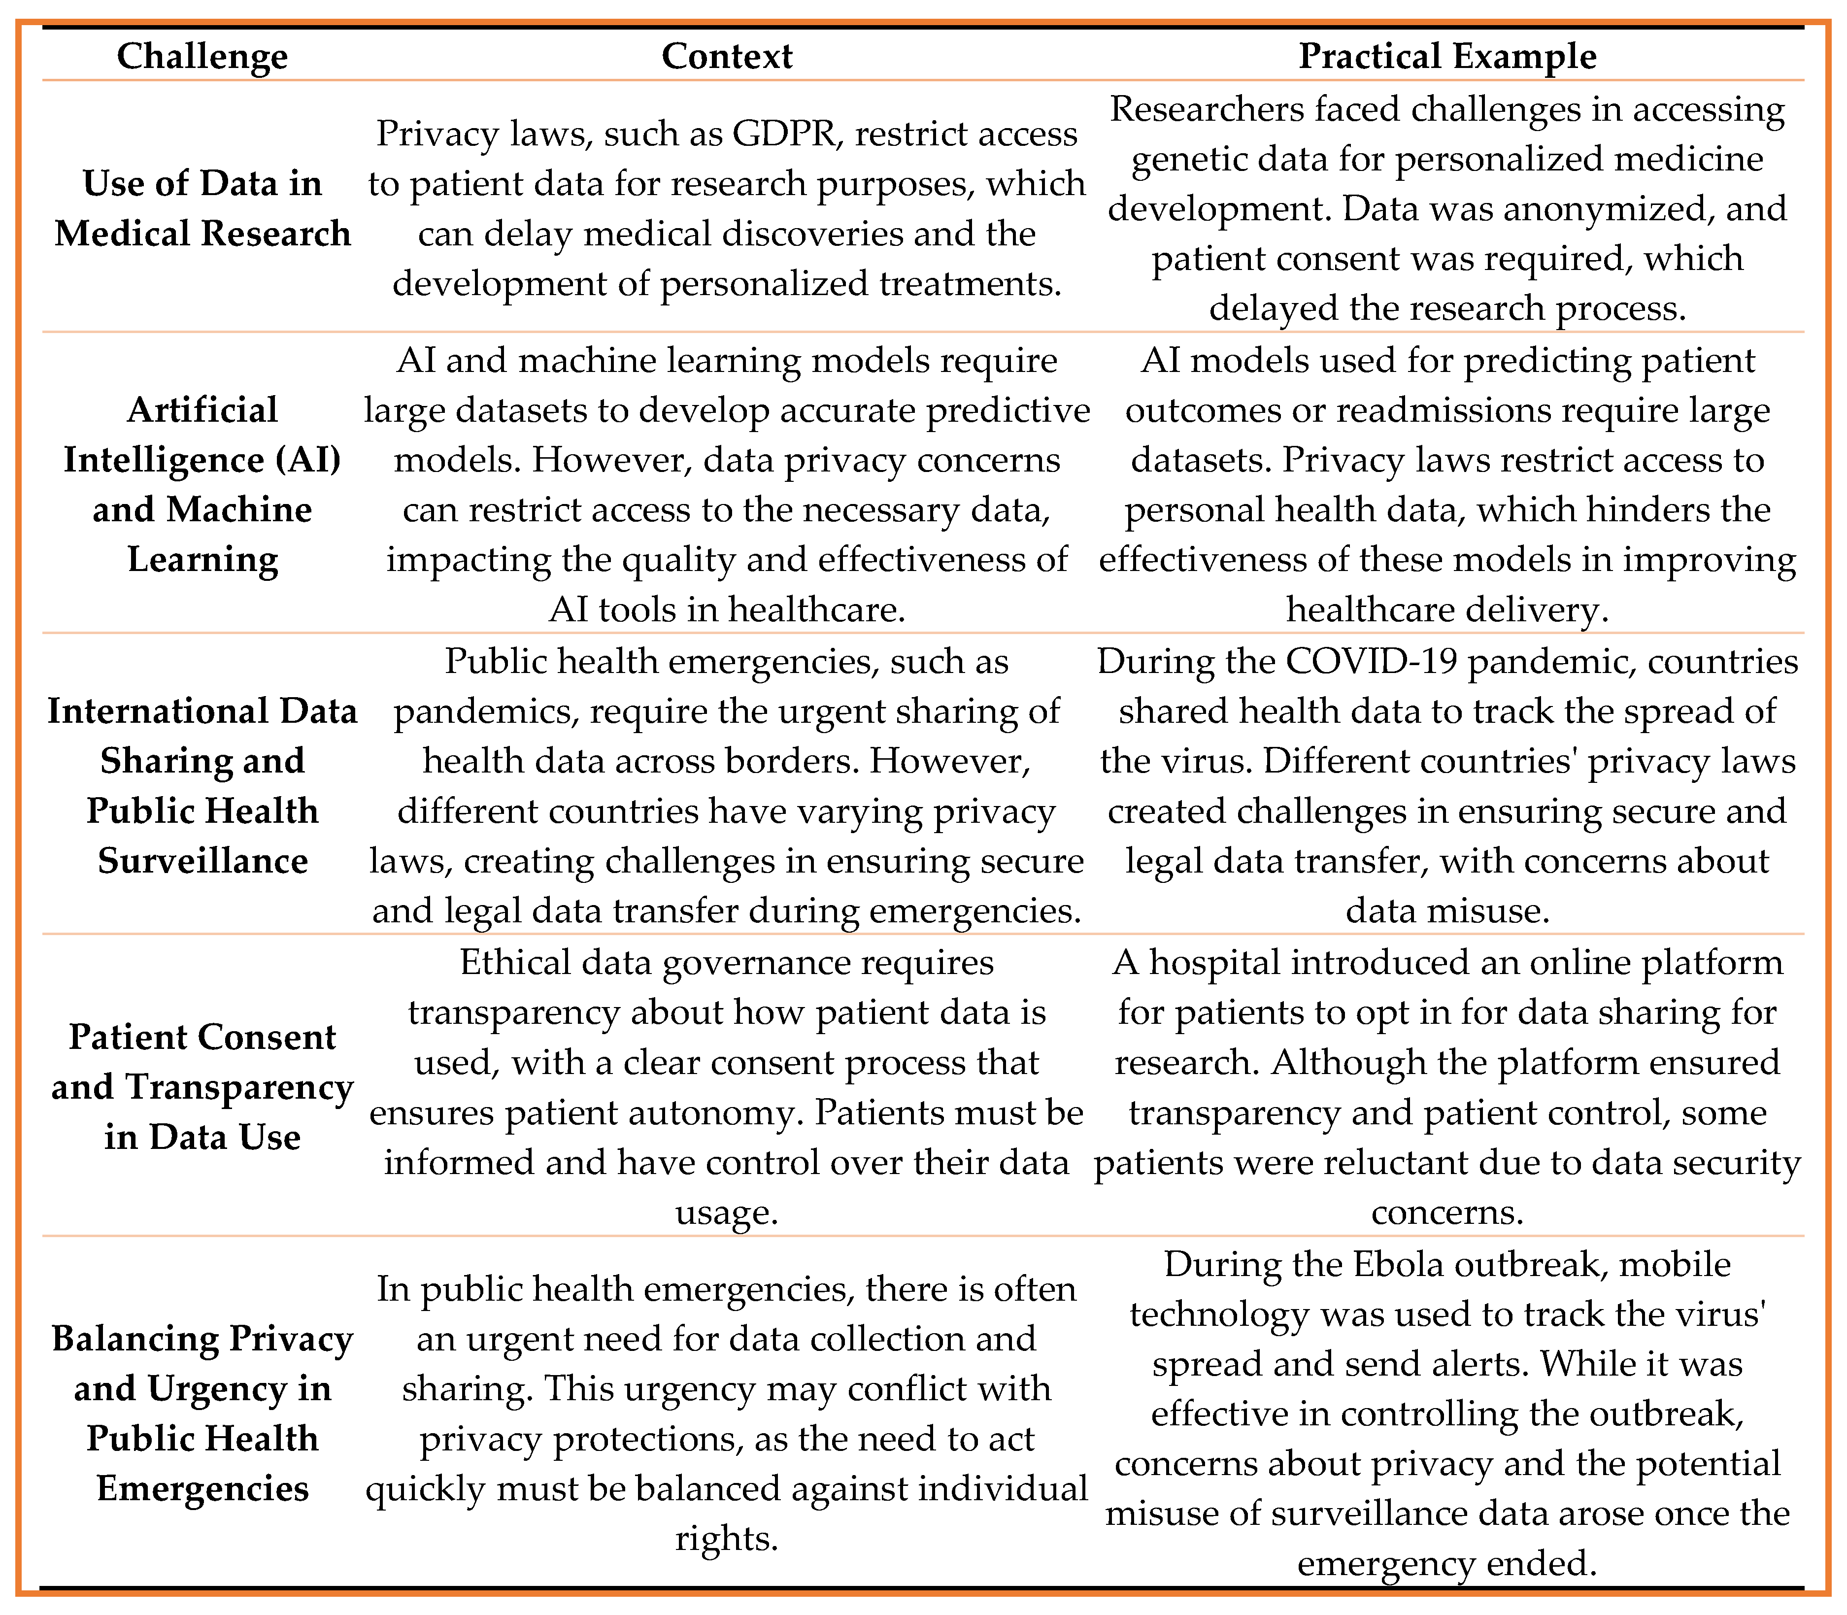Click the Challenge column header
pyautogui.click(x=202, y=56)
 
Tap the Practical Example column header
pyautogui.click(x=1447, y=56)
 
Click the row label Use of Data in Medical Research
pyautogui.click(x=202, y=208)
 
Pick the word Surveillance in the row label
pyautogui.click(x=202, y=861)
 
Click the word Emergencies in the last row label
pyautogui.click(x=202, y=1488)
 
